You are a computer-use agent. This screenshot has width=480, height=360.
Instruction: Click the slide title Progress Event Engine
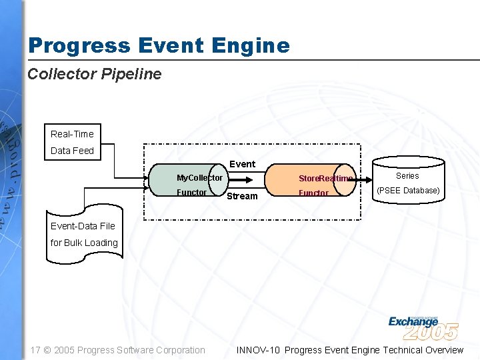(x=159, y=45)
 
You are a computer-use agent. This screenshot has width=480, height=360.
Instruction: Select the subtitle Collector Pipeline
(x=94, y=74)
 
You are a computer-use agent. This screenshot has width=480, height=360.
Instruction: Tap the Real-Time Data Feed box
(x=79, y=142)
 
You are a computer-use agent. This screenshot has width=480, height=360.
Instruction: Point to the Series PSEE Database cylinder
(x=407, y=184)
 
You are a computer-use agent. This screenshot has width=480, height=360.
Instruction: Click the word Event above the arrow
(x=242, y=164)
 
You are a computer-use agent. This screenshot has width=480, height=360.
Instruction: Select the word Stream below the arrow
(x=242, y=196)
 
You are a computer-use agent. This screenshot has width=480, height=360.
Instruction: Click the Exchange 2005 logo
(x=423, y=326)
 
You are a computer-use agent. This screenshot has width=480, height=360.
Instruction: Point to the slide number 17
(x=36, y=350)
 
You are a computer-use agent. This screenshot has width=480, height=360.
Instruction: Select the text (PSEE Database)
(x=408, y=191)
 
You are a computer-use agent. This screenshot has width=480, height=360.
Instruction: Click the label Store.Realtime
(x=325, y=179)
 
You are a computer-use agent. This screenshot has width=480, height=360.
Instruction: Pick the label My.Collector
(x=199, y=178)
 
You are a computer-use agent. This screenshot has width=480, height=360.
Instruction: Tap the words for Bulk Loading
(x=84, y=243)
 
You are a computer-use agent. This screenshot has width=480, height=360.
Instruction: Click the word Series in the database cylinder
(x=407, y=176)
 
